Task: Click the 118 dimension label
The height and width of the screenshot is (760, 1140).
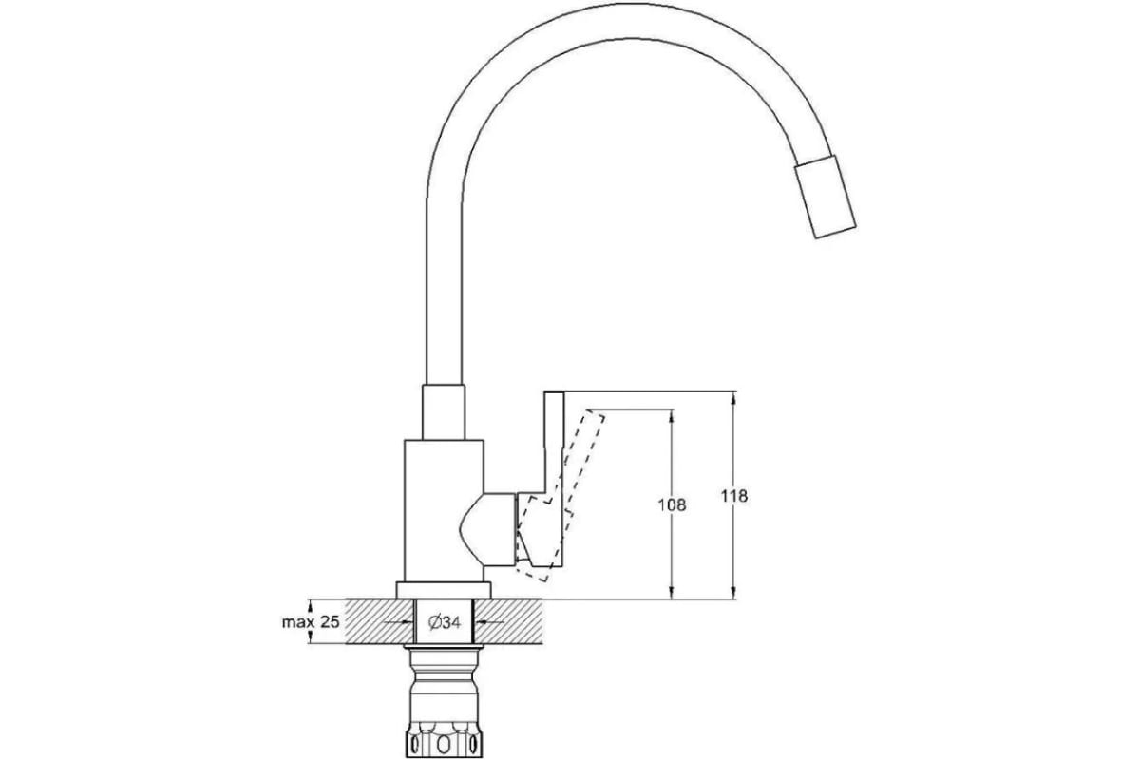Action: point(733,496)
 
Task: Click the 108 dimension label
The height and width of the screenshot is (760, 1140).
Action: point(672,505)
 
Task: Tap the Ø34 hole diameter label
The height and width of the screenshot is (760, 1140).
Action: point(445,622)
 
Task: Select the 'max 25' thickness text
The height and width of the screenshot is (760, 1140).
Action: point(311,621)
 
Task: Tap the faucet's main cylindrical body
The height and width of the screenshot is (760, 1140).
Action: point(444,510)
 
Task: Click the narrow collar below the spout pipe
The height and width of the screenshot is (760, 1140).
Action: point(444,411)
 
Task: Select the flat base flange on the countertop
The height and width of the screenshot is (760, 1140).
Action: point(444,591)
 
